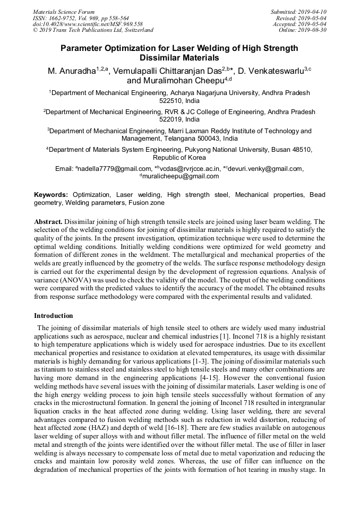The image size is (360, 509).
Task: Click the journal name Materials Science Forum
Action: (x=64, y=12)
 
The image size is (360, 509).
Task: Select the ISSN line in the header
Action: (x=81, y=18)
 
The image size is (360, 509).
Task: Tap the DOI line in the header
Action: (x=88, y=24)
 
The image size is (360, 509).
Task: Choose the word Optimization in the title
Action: (x=128, y=48)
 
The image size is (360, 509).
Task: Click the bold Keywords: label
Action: (x=52, y=195)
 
